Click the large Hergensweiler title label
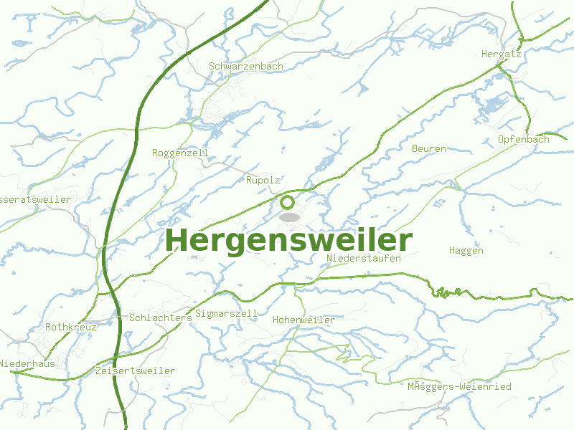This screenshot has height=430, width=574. [x=289, y=240]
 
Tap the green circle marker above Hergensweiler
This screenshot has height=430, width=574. [x=288, y=202]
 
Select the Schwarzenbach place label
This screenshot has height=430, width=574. [x=246, y=66]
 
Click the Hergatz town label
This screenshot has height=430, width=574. [x=501, y=54]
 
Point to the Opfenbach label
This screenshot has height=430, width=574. [x=523, y=139]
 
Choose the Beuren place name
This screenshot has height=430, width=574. [x=429, y=148]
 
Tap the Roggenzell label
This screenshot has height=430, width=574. [x=180, y=153]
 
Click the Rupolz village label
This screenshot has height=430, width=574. [x=263, y=180]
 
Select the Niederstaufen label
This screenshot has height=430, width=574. [x=363, y=258]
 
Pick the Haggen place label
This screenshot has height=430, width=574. [x=466, y=250]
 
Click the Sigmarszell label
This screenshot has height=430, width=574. [x=226, y=313]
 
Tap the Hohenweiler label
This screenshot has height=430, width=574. [x=304, y=320]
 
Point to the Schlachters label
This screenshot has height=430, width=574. [x=161, y=317]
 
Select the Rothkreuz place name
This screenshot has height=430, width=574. [x=70, y=327]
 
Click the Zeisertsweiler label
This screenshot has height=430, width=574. [x=135, y=371]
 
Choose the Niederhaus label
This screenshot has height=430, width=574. [x=27, y=363]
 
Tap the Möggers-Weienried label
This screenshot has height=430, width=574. [x=459, y=386]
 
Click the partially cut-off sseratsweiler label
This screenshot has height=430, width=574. [x=36, y=199]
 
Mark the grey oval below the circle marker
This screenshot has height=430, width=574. [x=289, y=216]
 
